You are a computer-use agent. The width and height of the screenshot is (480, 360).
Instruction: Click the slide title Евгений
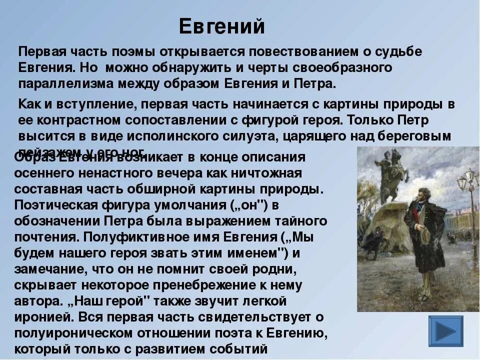(221, 26)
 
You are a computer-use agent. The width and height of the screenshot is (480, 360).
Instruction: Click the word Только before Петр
(371, 120)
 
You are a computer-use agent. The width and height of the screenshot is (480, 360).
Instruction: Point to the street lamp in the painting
(468, 185)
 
